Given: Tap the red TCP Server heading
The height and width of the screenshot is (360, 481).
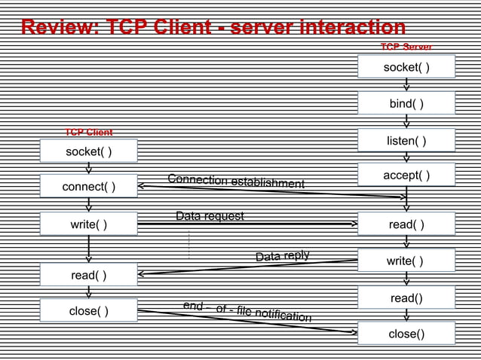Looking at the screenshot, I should click(x=406, y=47).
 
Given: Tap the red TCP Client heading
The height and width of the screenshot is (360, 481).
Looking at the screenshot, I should click(x=88, y=133).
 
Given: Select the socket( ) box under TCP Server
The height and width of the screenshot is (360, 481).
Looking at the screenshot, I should click(x=406, y=68).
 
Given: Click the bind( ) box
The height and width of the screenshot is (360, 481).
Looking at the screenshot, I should click(x=406, y=103).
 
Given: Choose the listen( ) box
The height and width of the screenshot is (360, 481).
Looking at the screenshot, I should click(x=406, y=141).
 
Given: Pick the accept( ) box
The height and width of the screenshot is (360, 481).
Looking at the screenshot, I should click(x=406, y=175).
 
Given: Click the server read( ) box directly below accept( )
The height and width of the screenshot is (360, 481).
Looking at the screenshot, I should click(x=406, y=224).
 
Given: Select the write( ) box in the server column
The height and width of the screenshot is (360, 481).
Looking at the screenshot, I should click(x=406, y=261).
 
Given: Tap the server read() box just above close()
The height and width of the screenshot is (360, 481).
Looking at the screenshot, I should click(x=406, y=298).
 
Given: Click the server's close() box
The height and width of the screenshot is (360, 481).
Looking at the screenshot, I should click(x=406, y=334).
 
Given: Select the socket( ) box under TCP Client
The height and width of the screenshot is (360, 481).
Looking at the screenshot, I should click(x=88, y=151).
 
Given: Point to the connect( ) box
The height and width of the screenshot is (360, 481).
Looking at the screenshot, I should click(x=88, y=186).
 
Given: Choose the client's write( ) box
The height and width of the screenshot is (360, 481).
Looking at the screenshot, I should click(x=88, y=224).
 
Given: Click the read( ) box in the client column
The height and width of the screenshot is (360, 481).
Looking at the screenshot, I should click(x=88, y=275).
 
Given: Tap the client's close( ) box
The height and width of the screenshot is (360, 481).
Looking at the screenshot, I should click(x=88, y=310).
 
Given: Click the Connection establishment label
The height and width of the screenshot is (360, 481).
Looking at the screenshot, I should click(x=236, y=182).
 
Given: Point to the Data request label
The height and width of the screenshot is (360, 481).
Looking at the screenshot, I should click(x=210, y=216).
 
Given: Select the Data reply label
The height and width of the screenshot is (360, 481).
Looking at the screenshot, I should click(x=282, y=257).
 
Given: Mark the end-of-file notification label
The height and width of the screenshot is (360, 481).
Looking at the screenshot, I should click(x=247, y=311).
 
